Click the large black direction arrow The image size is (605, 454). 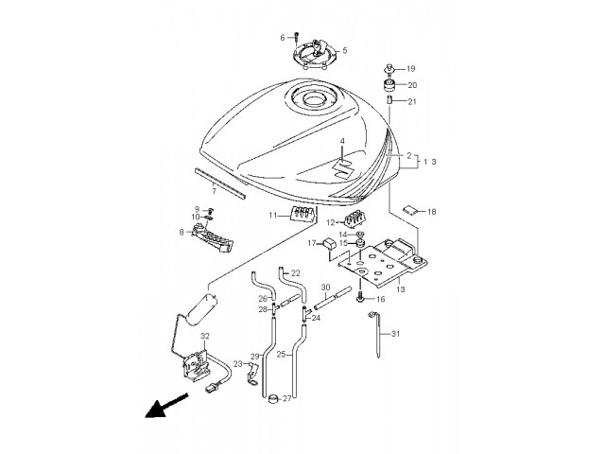click(164, 407)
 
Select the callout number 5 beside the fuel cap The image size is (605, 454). click(344, 50)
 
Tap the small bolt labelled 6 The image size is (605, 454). click(296, 38)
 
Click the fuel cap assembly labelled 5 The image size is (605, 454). click(315, 55)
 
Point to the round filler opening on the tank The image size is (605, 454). click(317, 99)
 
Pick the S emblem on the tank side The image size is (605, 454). click(343, 167)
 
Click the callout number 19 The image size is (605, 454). click(411, 69)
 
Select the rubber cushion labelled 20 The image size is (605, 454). click(389, 85)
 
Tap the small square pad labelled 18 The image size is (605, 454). click(410, 210)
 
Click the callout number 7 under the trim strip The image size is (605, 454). click(214, 191)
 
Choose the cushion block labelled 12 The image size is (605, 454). click(355, 219)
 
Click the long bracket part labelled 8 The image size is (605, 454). click(212, 237)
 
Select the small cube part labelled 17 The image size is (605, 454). click(329, 243)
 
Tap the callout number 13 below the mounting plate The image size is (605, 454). click(401, 288)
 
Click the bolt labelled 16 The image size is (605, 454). click(360, 299)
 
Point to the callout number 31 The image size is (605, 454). click(395, 334)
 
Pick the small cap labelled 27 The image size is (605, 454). click(274, 398)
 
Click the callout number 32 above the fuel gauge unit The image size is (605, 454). click(204, 337)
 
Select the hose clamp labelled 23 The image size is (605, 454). click(251, 374)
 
